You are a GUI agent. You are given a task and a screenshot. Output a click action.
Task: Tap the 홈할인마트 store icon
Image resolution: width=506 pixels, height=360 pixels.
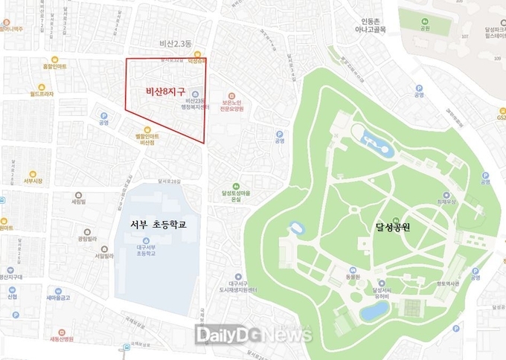pyautogui.click(x=54, y=60)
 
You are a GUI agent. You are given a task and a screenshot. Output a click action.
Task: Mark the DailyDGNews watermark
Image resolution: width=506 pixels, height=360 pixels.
pyautogui.click(x=252, y=336)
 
